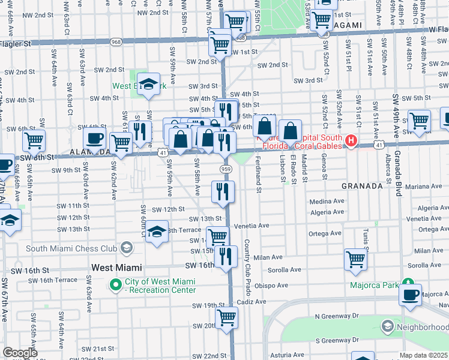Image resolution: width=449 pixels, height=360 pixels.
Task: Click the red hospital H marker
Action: tap(351, 142)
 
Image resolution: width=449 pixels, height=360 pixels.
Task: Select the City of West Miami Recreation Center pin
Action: tap(115, 285)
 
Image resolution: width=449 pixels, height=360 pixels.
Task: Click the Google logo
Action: tap(20, 353)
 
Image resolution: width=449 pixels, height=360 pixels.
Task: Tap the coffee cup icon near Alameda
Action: tap(95, 139)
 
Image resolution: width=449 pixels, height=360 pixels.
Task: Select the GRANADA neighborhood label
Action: tap(362, 186)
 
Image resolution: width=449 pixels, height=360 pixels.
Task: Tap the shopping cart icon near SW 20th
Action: tap(226, 316)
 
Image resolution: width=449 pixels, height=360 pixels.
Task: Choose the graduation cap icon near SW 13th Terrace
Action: tap(157, 232)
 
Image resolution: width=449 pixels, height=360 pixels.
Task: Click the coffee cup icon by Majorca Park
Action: tap(411, 294)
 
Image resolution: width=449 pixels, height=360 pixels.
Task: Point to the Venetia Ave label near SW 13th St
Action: tap(252, 226)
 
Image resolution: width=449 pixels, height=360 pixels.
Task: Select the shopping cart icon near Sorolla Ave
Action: tap(355, 260)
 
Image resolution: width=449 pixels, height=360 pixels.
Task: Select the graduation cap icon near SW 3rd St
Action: tap(148, 84)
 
